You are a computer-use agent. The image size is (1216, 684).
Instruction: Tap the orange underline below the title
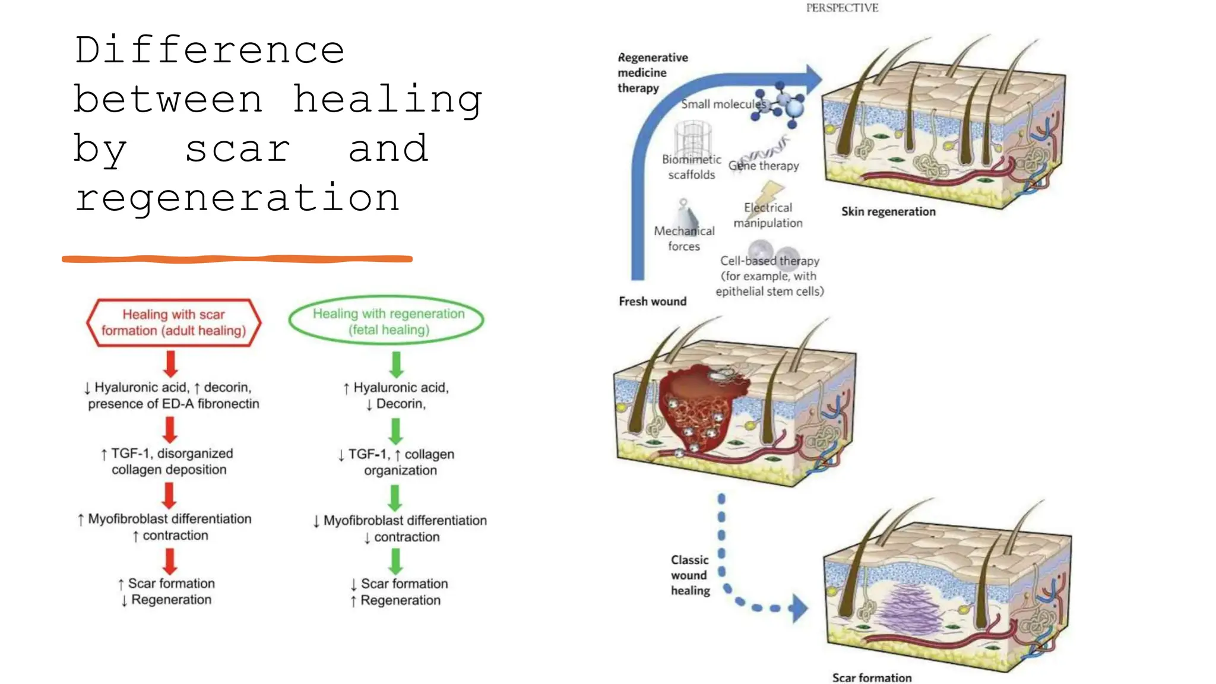click(x=237, y=259)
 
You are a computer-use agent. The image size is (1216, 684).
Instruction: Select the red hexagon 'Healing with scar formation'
click(x=173, y=322)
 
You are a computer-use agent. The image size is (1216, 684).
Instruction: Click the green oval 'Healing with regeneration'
click(x=387, y=321)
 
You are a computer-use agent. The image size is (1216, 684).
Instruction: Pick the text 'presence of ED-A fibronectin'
click(x=173, y=404)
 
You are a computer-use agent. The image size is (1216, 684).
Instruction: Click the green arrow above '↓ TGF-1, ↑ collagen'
click(x=396, y=431)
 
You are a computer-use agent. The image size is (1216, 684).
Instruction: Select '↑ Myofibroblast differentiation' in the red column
click(x=164, y=519)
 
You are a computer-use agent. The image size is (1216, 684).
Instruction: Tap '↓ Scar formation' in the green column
click(x=399, y=584)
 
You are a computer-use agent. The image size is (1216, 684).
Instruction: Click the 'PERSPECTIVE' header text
click(x=842, y=8)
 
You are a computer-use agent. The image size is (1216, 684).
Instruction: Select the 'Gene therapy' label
click(x=764, y=166)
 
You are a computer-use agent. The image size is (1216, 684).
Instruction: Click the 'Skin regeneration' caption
click(x=888, y=212)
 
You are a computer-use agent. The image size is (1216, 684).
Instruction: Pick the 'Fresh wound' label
click(x=653, y=302)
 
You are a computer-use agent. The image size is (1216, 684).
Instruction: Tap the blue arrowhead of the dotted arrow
click(x=799, y=608)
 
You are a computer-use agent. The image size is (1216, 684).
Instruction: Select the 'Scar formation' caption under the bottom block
click(x=872, y=677)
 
